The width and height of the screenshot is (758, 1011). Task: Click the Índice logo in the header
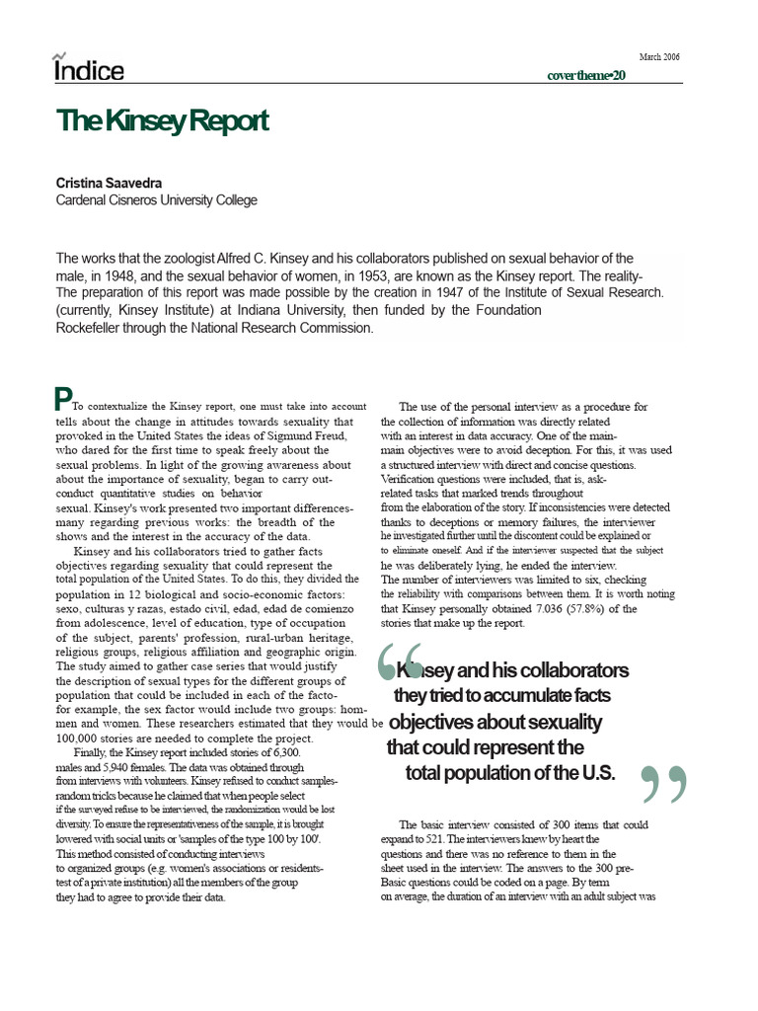(89, 69)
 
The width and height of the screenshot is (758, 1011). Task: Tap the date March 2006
(659, 56)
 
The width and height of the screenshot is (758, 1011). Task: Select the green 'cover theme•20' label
(586, 76)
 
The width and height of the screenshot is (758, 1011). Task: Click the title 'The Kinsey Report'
(162, 122)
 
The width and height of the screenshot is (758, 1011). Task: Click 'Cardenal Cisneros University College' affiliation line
(156, 200)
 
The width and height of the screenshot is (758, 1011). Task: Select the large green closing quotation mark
(663, 786)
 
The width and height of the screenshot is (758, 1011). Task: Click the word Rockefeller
(94, 328)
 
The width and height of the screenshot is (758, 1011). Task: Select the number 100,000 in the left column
(80, 739)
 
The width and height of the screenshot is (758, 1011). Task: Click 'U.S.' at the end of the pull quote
(592, 772)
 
